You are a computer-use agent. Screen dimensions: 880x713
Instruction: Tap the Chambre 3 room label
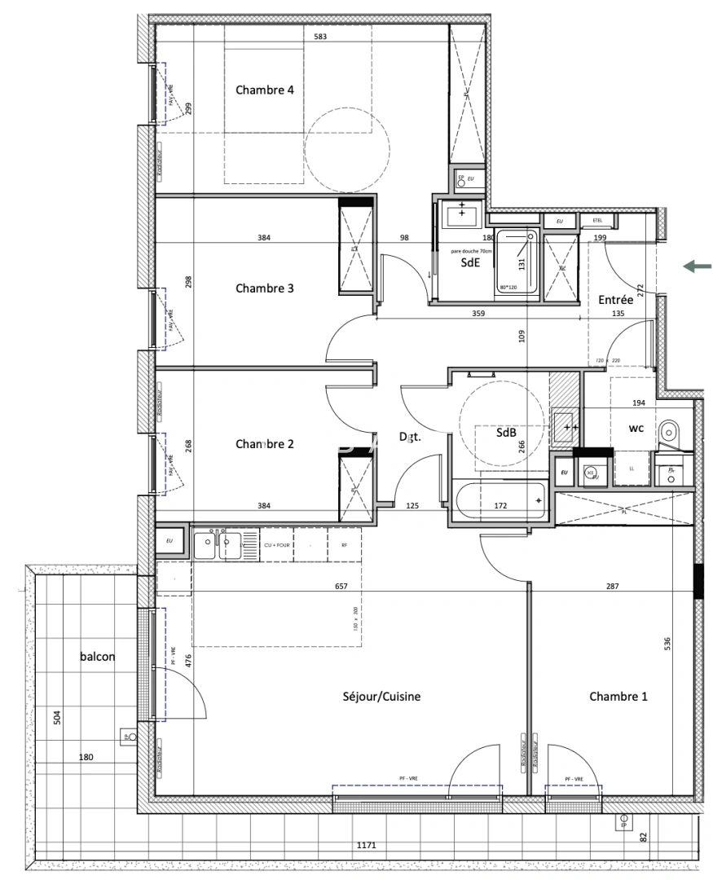click(x=264, y=288)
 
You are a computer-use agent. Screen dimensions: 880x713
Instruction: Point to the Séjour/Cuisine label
click(x=381, y=697)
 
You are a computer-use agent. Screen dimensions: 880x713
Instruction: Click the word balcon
click(x=97, y=655)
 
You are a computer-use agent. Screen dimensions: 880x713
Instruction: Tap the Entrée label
click(x=615, y=300)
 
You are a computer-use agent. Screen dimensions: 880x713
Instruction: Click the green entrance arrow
click(x=698, y=266)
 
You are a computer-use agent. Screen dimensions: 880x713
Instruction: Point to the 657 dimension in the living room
click(x=341, y=586)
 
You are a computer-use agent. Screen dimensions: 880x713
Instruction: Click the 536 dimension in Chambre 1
click(x=667, y=644)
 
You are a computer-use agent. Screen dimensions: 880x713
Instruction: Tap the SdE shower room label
click(x=470, y=262)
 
